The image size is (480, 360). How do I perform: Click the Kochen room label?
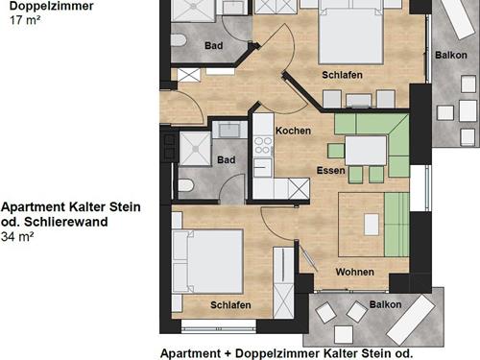(x=293, y=131)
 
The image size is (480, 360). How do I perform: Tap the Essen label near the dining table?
(x=331, y=170)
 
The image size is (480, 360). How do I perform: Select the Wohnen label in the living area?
(x=355, y=272)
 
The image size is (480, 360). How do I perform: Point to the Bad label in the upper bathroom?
(x=213, y=45)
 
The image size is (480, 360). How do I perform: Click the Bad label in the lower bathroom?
(x=227, y=159)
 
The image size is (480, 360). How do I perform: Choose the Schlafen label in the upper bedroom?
(x=342, y=75)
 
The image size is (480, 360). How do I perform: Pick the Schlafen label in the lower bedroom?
(x=230, y=305)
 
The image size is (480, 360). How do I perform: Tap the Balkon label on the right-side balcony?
(x=451, y=55)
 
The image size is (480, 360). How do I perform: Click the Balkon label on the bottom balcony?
(x=385, y=304)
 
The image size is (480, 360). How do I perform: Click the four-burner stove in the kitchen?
(x=263, y=146)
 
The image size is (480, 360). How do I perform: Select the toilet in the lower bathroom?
(x=186, y=185)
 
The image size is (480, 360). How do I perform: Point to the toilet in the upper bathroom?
(x=179, y=40)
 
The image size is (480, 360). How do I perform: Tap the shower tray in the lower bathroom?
(x=195, y=149)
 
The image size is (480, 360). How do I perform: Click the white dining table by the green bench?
(x=366, y=151)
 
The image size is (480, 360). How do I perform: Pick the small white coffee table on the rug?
(x=372, y=225)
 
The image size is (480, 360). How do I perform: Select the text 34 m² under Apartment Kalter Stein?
(x=17, y=237)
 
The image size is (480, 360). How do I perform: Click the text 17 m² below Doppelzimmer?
(x=25, y=20)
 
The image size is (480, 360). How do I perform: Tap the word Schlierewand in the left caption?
(x=66, y=222)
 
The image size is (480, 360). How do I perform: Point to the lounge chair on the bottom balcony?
(x=411, y=316)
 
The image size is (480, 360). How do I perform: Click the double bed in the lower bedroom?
(x=207, y=261)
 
